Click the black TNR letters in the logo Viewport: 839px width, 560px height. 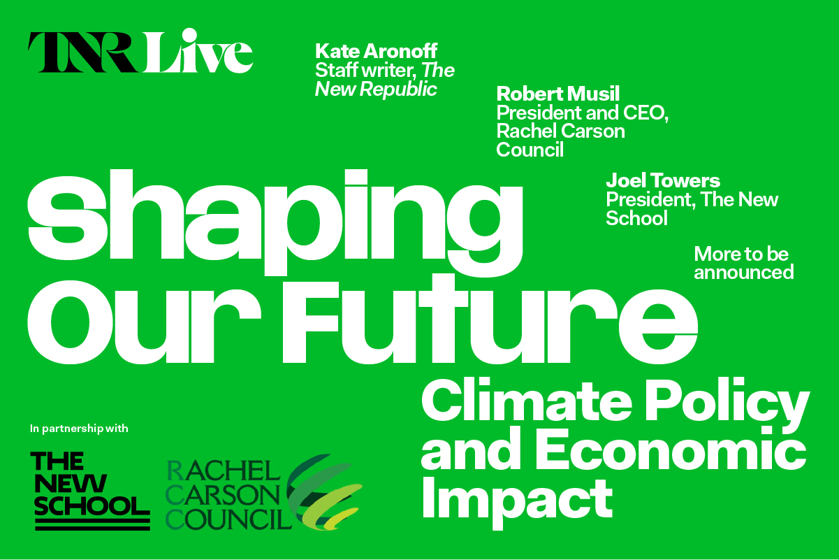(83, 52)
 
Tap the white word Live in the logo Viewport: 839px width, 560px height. (198, 50)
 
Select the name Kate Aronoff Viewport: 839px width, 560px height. (376, 51)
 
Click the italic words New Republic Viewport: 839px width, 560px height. (376, 89)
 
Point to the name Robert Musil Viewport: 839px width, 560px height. (557, 94)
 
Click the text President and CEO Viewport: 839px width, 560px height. (582, 113)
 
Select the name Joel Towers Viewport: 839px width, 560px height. (662, 180)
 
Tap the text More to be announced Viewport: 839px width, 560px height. (743, 263)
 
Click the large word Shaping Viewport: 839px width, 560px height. (275, 222)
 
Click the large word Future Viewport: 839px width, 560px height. (490, 319)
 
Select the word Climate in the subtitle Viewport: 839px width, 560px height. (527, 401)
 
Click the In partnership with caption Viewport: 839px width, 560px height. (79, 429)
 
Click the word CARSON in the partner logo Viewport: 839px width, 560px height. (222, 496)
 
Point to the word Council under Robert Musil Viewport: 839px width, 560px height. (530, 150)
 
